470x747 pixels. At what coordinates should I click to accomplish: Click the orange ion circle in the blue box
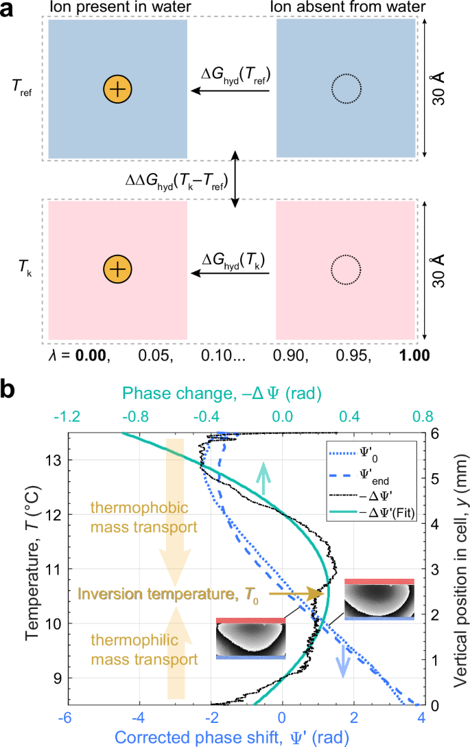pyautogui.click(x=117, y=89)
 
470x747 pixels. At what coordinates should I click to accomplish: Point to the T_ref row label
pyautogui.click(x=24, y=89)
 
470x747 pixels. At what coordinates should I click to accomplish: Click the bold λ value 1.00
pyautogui.click(x=416, y=356)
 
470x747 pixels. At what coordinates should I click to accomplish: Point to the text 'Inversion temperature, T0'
pyautogui.click(x=158, y=593)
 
